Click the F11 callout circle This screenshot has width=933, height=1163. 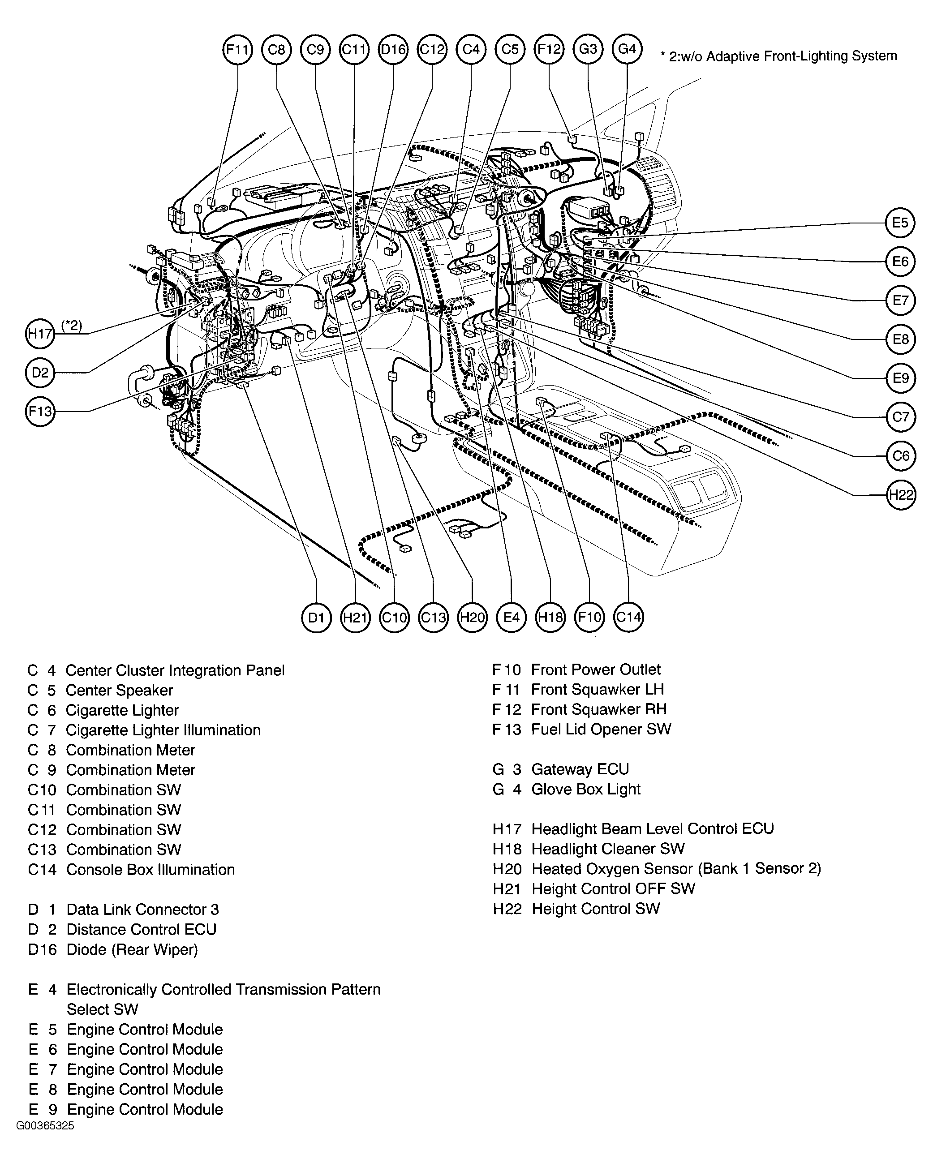click(237, 50)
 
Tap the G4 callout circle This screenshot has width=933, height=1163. click(627, 49)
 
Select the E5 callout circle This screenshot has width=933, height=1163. click(900, 223)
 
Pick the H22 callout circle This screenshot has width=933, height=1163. click(901, 495)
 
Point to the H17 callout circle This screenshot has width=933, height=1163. click(40, 333)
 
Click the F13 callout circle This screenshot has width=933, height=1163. click(40, 412)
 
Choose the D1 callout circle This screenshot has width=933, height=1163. click(316, 617)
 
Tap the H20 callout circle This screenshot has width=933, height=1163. click(472, 617)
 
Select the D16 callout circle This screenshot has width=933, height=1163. click(393, 50)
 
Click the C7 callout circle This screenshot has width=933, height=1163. click(901, 417)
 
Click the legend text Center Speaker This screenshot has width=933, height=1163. click(119, 691)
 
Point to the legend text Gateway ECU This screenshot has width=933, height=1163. click(580, 769)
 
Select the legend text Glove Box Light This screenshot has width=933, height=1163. click(585, 789)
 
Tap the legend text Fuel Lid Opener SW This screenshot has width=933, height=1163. click(601, 730)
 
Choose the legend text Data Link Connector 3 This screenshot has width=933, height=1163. click(142, 910)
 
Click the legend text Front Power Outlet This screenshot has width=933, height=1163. click(596, 669)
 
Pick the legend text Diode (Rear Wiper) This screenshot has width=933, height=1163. click(132, 949)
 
